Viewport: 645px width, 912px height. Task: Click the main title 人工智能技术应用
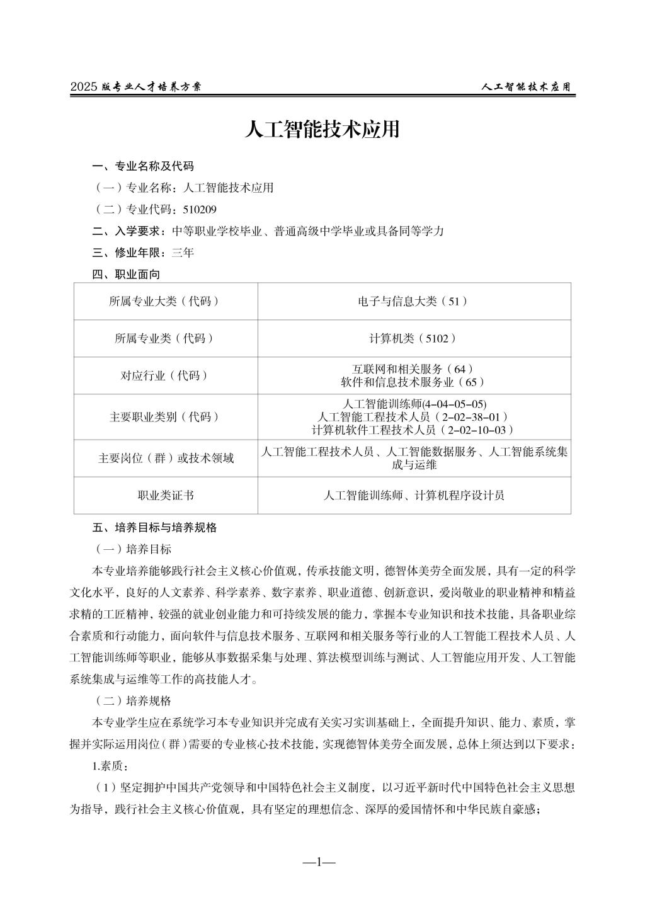click(x=322, y=130)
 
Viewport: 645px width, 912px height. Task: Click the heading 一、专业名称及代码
click(x=143, y=166)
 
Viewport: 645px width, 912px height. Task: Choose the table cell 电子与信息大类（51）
click(x=414, y=301)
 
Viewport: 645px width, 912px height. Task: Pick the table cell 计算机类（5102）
click(x=414, y=338)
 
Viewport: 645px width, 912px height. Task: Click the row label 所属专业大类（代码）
click(x=165, y=301)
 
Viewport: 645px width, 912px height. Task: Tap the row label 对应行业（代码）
click(x=165, y=375)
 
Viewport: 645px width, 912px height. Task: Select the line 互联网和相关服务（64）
click(x=414, y=369)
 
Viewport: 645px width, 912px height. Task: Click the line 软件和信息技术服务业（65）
click(x=414, y=382)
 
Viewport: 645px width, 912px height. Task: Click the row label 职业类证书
click(x=165, y=495)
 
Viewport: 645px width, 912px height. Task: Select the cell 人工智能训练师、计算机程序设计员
click(x=414, y=495)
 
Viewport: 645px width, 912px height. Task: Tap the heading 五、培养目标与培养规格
click(x=154, y=528)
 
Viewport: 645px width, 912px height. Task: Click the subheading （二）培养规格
click(x=133, y=700)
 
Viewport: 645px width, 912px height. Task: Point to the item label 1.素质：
click(x=111, y=767)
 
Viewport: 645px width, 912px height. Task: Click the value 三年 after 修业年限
click(x=183, y=253)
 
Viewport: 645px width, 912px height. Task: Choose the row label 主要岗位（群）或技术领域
click(x=165, y=458)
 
